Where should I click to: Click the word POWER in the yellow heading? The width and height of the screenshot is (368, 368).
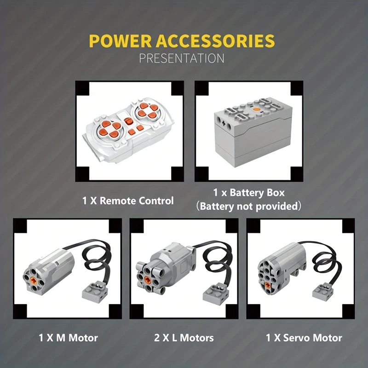[120, 41]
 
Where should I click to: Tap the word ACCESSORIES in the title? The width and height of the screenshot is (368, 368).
[215, 41]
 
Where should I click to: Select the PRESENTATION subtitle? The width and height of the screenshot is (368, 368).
[182, 58]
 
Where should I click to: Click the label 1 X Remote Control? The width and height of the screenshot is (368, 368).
[128, 201]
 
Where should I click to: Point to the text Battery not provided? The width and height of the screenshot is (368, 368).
[248, 206]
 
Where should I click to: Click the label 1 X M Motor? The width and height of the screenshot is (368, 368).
[68, 338]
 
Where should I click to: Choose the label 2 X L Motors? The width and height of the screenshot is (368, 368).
[184, 338]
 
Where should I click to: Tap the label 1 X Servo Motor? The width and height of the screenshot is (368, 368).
[304, 338]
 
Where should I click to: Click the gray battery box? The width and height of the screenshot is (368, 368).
[253, 132]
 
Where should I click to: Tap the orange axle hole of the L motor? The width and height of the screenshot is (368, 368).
[148, 279]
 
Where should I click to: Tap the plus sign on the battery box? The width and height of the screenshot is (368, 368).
[224, 123]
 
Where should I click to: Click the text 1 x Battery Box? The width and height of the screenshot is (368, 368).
[249, 193]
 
